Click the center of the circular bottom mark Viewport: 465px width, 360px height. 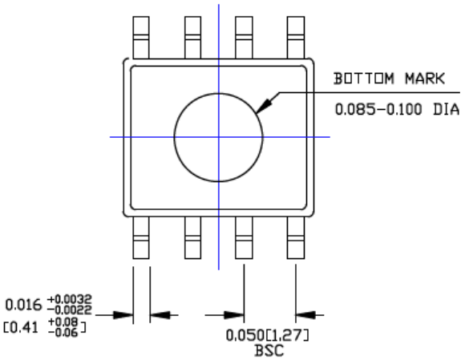218,136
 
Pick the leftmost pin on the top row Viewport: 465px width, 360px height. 141,35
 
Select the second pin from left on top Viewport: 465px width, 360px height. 192,35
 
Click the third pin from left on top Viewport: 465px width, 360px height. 244,35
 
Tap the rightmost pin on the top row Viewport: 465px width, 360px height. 296,35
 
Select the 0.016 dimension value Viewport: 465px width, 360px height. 20,305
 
